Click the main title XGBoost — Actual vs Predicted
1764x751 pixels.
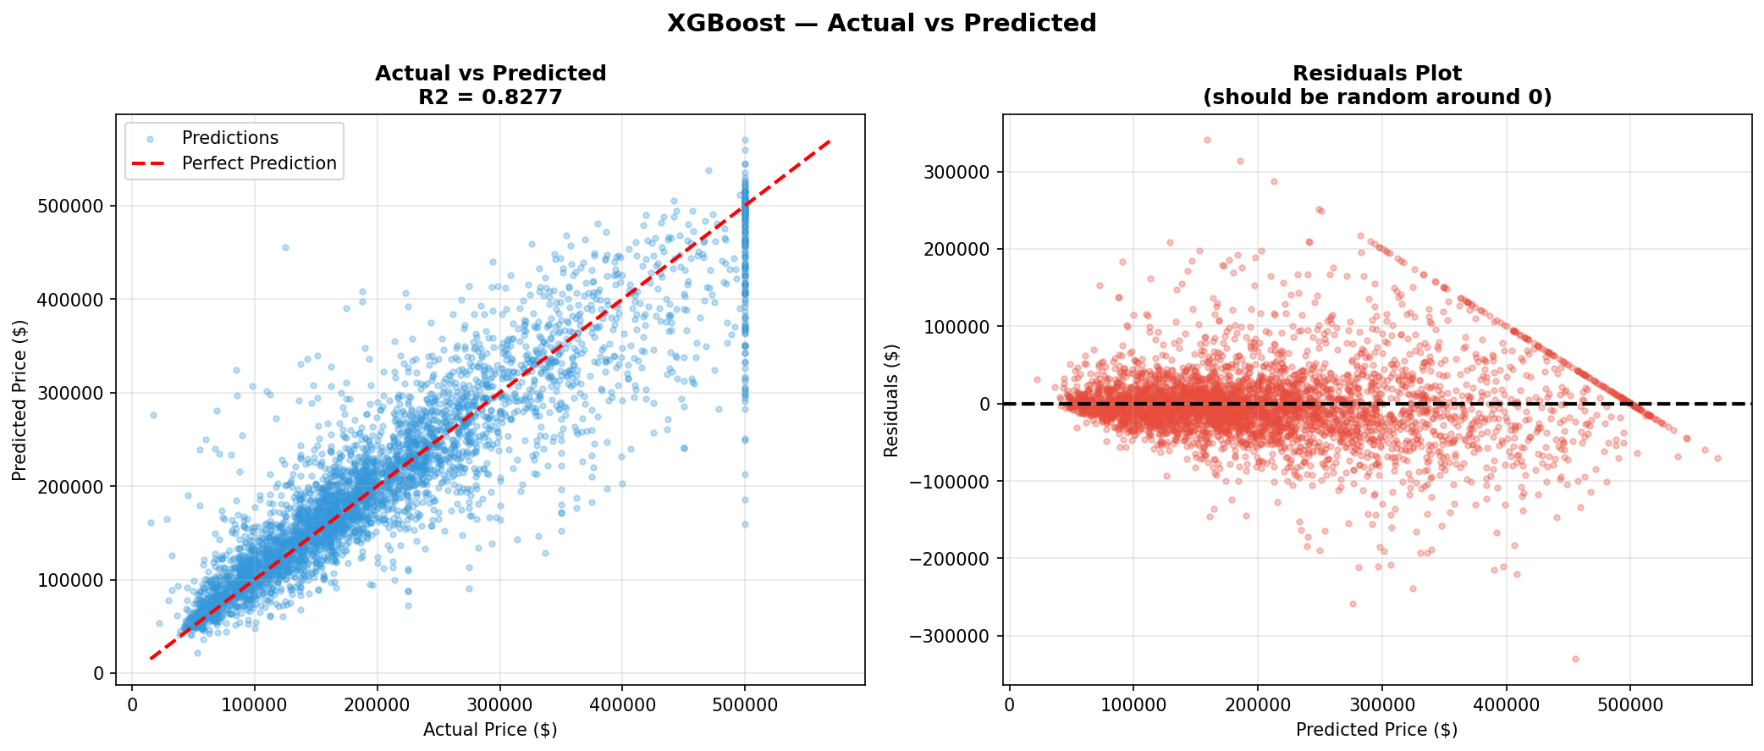pyautogui.click(x=881, y=23)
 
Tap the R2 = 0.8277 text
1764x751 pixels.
pyautogui.click(x=490, y=97)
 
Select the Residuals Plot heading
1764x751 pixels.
pyautogui.click(x=1376, y=74)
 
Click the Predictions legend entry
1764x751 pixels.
pyautogui.click(x=229, y=138)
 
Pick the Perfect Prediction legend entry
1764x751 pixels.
pyautogui.click(x=258, y=163)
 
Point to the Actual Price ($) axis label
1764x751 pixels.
pyautogui.click(x=490, y=730)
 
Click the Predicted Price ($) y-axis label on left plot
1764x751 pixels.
pyautogui.click(x=20, y=400)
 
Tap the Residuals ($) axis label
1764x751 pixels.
pyautogui.click(x=891, y=400)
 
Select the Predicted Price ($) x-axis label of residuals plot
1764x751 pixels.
pyautogui.click(x=1376, y=730)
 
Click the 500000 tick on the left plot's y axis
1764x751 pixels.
pyautogui.click(x=72, y=207)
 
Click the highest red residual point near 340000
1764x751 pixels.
pyautogui.click(x=1207, y=140)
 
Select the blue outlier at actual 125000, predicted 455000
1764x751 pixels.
pyautogui.click(x=285, y=247)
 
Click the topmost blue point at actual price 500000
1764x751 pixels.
pyautogui.click(x=745, y=141)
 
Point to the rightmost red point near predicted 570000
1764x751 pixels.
pyautogui.click(x=1717, y=458)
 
